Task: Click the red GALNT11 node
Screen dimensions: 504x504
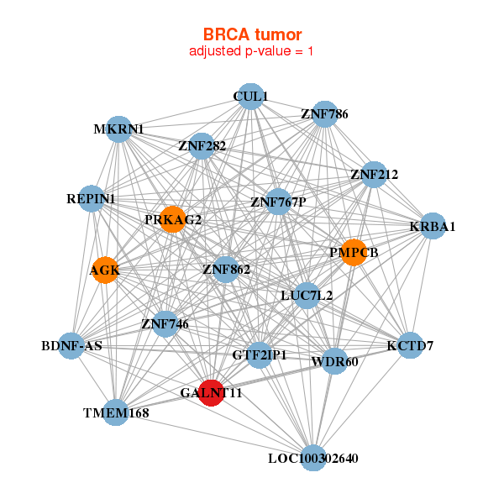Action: [212, 392]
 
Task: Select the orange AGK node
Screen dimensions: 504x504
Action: [105, 270]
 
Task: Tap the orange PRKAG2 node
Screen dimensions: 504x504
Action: [172, 219]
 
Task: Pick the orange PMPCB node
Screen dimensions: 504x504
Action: [354, 252]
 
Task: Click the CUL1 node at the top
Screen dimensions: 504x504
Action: [249, 97]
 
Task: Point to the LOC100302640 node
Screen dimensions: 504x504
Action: [313, 458]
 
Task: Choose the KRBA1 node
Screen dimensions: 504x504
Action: [432, 226]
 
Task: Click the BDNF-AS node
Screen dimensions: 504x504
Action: [71, 346]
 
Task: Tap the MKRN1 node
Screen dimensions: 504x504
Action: [119, 129]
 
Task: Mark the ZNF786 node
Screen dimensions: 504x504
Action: [324, 114]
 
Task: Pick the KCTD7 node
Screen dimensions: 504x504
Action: [410, 345]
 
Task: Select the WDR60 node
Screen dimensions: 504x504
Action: [333, 361]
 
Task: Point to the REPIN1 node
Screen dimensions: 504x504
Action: [92, 199]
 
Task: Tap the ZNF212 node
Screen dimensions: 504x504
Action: [374, 175]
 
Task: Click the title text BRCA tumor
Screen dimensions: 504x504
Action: [252, 34]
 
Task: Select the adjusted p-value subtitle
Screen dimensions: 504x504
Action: [252, 51]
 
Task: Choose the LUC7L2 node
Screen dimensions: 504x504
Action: [307, 295]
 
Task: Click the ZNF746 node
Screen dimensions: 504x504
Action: [165, 323]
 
